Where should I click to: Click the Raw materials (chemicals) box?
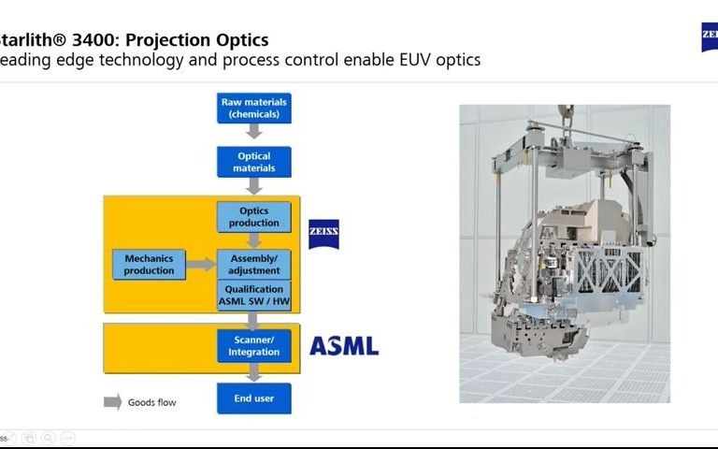tap(254, 107)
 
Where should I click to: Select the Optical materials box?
tap(254, 162)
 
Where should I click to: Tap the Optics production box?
tap(254, 217)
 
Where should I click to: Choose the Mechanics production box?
tap(149, 265)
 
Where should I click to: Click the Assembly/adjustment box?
tap(254, 264)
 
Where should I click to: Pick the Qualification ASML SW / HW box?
tap(254, 296)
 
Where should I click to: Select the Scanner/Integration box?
tap(254, 345)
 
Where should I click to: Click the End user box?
tap(254, 398)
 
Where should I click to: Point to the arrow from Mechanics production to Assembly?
tap(200, 265)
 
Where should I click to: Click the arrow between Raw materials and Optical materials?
tap(254, 134)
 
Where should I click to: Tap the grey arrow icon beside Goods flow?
tap(112, 402)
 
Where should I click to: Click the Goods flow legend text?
tap(151, 402)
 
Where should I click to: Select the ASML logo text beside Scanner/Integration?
tap(344, 346)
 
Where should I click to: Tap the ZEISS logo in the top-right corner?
tap(709, 37)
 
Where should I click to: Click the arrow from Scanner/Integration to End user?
tap(254, 372)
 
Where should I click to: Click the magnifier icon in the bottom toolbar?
tap(48, 437)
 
